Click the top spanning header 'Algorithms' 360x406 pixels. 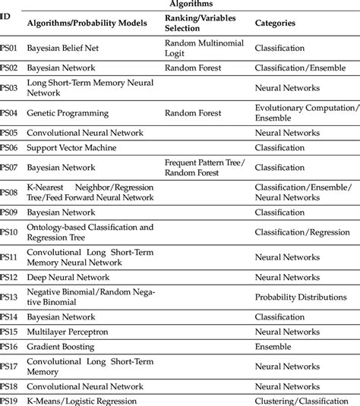[191, 5]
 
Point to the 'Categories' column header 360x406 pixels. [275, 24]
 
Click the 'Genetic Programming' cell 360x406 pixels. [68, 113]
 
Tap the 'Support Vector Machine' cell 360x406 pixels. [73, 148]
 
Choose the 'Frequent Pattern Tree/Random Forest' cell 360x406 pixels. [204, 166]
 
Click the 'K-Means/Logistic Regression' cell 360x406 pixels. [82, 400]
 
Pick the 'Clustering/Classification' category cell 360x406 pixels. [304, 400]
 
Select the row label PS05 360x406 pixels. [8, 132]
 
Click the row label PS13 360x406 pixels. [8, 297]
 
